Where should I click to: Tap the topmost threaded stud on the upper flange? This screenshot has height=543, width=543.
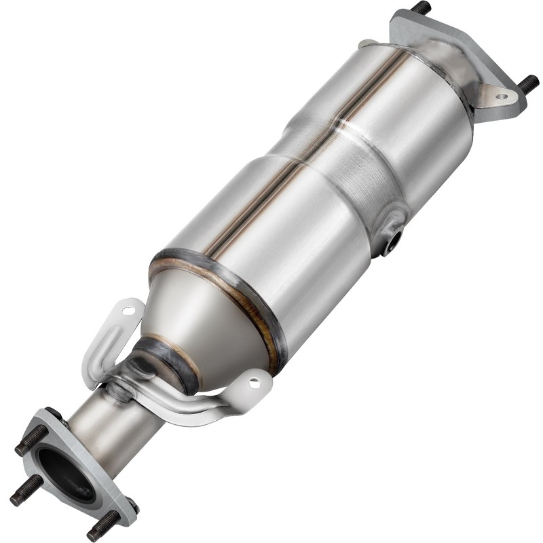click(x=421, y=8)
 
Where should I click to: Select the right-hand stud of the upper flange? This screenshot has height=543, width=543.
click(x=528, y=83)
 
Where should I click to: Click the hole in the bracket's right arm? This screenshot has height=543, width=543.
click(x=255, y=382)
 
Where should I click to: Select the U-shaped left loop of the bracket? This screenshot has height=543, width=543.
click(x=102, y=346)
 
